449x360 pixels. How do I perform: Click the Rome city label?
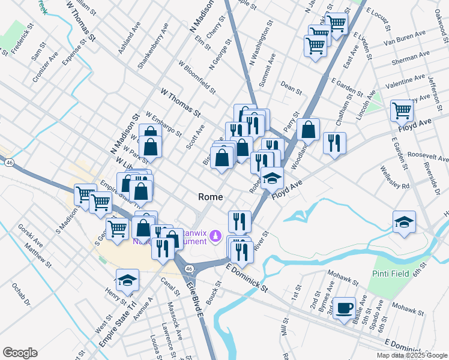tap(211, 197)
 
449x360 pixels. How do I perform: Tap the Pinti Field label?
tap(393, 274)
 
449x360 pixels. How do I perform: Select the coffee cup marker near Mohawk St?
tap(344, 308)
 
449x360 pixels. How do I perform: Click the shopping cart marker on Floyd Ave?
tap(402, 110)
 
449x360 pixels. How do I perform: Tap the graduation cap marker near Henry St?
tap(127, 279)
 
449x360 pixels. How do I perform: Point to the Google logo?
tap(20, 352)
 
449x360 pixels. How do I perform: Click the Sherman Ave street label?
tap(410, 57)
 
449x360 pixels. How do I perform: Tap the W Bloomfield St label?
tap(197, 77)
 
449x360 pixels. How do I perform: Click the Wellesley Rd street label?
tap(394, 177)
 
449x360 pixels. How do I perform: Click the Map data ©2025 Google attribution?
tap(411, 355)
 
